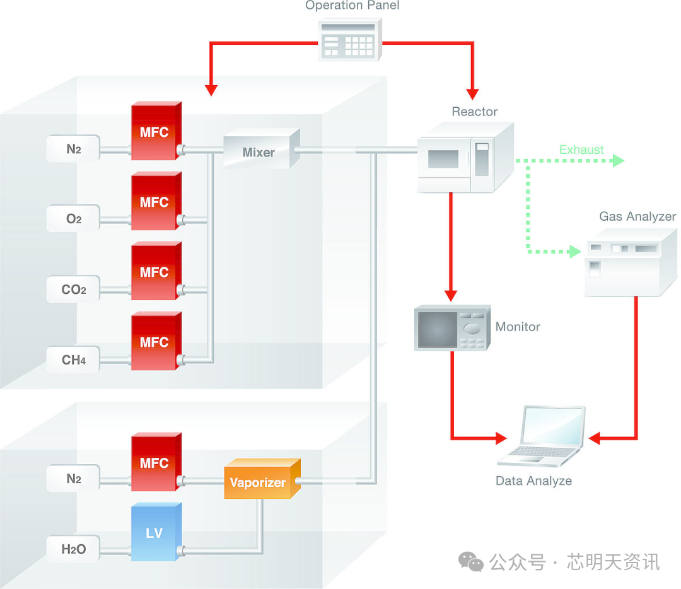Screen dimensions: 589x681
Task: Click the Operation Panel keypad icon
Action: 351,40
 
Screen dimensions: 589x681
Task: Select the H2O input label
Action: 73,549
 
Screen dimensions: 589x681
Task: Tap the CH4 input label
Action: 73,360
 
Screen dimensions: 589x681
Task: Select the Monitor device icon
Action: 451,328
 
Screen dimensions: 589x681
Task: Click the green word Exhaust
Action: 581,149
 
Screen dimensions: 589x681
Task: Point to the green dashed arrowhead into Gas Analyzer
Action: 575,251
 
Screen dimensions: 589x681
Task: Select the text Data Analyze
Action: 533,481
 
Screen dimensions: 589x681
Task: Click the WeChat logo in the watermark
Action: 470,561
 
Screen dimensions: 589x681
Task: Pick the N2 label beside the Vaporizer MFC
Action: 73,479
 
